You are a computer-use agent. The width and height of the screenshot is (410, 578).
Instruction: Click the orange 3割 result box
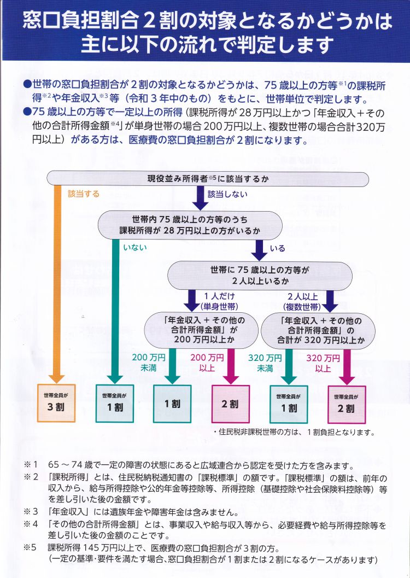coord(56,403)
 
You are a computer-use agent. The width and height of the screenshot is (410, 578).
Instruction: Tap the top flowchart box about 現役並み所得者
coord(207,179)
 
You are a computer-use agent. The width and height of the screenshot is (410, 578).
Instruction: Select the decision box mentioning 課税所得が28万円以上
coord(190,225)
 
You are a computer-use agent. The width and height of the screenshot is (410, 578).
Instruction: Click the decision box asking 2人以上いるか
coord(260,276)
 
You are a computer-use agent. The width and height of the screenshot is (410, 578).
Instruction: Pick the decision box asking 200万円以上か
coord(201,330)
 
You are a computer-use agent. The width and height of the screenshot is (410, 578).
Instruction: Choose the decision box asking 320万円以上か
coord(318,330)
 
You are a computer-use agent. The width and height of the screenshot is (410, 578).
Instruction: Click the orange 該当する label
coord(84,194)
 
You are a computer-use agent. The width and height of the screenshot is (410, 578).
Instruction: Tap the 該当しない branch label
coord(227,194)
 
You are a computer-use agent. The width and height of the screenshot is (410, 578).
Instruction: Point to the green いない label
coord(135,247)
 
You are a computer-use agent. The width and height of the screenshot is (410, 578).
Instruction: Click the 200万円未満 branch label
coord(149,363)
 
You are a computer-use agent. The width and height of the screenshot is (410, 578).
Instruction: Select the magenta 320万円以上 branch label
coord(323,363)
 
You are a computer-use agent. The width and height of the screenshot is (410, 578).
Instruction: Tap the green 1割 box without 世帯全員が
coord(172,404)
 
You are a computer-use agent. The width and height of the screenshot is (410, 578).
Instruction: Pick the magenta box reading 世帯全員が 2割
coord(347,404)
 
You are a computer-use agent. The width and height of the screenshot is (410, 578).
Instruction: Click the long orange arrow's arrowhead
coord(56,378)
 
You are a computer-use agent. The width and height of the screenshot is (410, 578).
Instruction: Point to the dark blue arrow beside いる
coord(260,250)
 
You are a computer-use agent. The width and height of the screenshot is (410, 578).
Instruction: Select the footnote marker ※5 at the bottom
coord(31,547)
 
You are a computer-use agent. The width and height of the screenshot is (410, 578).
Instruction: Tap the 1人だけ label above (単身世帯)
coord(220,296)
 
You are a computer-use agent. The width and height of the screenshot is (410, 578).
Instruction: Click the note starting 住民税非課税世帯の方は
coord(294,433)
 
